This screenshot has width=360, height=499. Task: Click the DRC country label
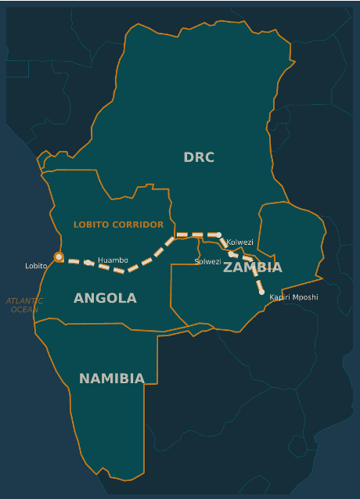[199, 157]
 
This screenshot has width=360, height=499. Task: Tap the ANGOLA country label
[105, 298]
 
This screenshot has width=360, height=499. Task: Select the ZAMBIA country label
[252, 267]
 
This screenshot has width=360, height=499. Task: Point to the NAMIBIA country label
[111, 379]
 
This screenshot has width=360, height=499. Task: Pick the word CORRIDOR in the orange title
[138, 224]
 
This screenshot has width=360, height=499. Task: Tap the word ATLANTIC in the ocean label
[24, 300]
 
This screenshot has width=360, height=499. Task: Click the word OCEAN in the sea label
[24, 310]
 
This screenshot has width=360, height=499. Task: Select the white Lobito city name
[36, 266]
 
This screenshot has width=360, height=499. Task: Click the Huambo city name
[113, 260]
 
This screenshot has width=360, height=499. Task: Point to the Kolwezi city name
[239, 242]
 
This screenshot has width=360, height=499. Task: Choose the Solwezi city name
[207, 261]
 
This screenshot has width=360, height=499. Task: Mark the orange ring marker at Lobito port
[59, 257]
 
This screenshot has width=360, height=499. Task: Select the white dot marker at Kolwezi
[219, 235]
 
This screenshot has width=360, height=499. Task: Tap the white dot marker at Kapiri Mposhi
[261, 292]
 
